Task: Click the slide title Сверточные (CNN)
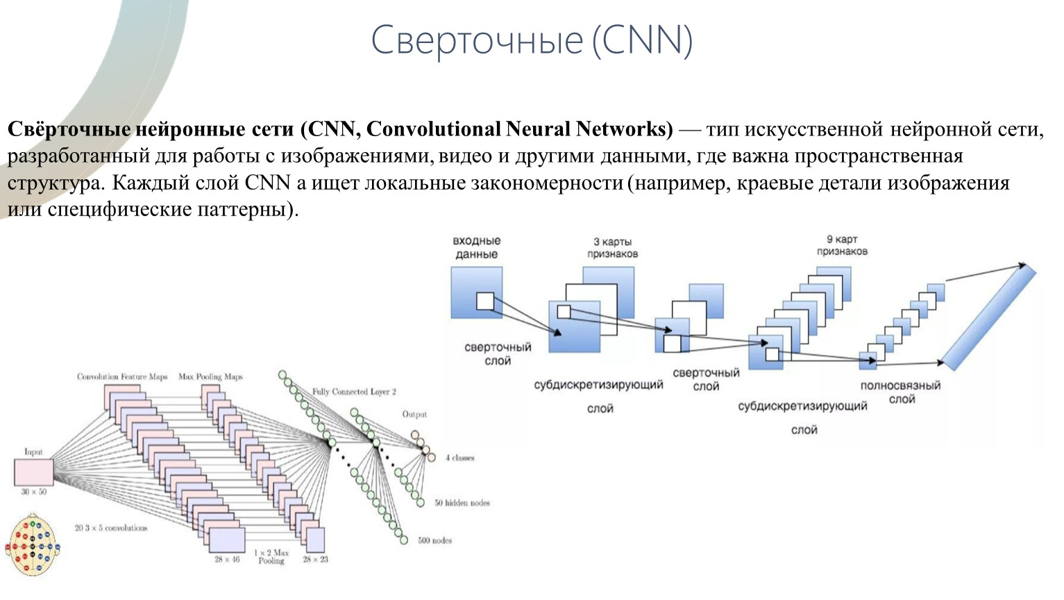click(x=532, y=40)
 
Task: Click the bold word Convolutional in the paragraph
click(x=433, y=129)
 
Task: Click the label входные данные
click(x=476, y=247)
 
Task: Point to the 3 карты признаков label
click(x=612, y=247)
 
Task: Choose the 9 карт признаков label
click(x=841, y=245)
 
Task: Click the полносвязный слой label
click(x=900, y=392)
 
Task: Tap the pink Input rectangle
click(x=33, y=472)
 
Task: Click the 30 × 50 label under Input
click(x=33, y=492)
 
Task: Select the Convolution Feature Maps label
click(x=122, y=376)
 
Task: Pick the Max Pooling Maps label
click(x=210, y=376)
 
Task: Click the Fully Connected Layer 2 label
click(x=354, y=392)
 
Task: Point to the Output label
click(x=414, y=415)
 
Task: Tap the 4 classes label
click(x=459, y=458)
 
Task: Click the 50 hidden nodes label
click(x=462, y=503)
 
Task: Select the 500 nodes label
click(x=434, y=540)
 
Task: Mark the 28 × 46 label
click(x=227, y=559)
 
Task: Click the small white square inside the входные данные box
click(x=485, y=301)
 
